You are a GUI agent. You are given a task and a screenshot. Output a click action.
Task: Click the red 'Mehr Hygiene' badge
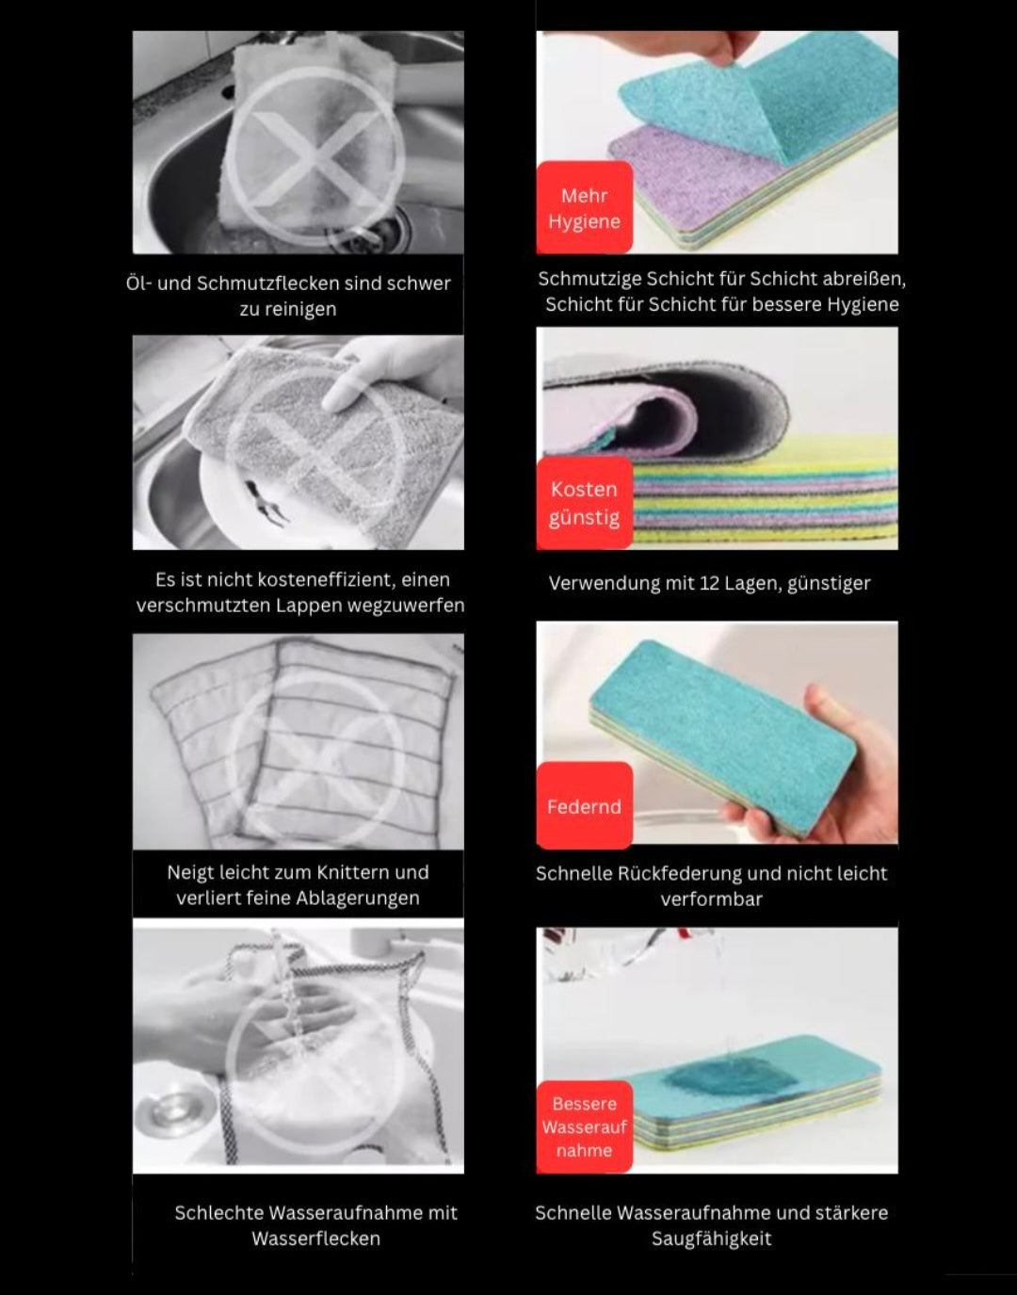(585, 207)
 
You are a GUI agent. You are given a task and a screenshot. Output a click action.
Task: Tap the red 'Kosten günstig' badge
(585, 503)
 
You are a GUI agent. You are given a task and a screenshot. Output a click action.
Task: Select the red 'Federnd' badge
(585, 805)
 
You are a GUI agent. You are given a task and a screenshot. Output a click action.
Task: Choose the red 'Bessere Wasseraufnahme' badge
(585, 1127)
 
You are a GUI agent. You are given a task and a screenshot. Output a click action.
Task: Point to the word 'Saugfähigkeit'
(711, 1238)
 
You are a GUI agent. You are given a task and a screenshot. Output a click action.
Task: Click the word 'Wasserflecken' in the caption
(315, 1238)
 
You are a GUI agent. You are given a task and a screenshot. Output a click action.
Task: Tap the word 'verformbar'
(711, 898)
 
